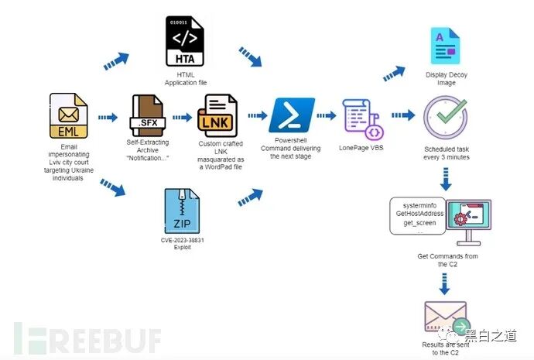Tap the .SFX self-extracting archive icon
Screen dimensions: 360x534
coord(146,116)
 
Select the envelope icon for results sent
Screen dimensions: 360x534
coord(447,318)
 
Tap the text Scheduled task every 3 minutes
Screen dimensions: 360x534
coord(447,152)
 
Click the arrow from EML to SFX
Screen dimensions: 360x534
coord(108,118)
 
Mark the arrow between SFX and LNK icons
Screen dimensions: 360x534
coord(182,118)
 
